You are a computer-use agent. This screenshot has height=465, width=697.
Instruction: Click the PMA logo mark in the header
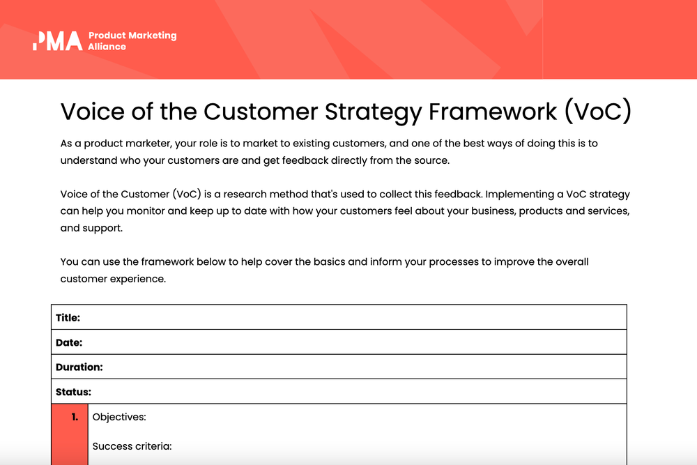point(57,40)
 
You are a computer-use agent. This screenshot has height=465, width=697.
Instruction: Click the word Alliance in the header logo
point(107,47)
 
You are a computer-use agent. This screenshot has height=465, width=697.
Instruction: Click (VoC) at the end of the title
point(597,112)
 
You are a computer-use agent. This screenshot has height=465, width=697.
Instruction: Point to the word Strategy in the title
point(369,112)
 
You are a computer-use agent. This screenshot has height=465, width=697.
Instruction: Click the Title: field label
point(68,317)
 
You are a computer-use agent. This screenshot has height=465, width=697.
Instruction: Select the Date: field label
point(69,342)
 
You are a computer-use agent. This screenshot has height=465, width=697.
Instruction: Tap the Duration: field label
point(79,367)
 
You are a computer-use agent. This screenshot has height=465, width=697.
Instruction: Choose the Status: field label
point(73,392)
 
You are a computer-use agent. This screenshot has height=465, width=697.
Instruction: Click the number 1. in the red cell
point(74,417)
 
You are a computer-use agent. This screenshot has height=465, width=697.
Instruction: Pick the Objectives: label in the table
point(119,417)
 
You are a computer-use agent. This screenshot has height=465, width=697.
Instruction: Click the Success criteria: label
point(132,446)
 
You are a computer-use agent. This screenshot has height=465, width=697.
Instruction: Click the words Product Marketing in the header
point(132,36)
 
